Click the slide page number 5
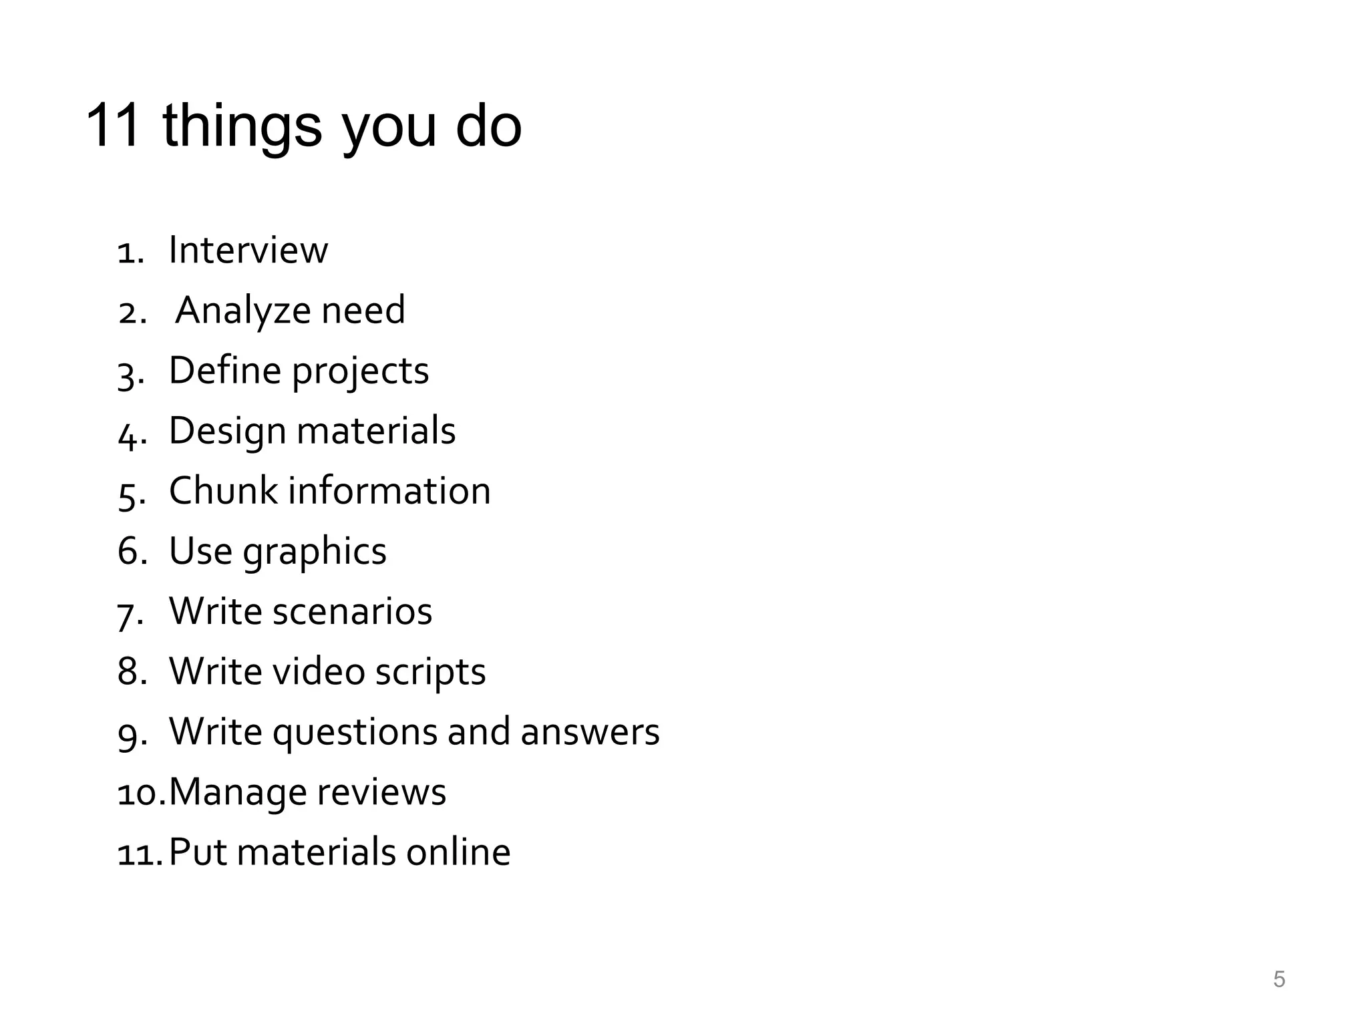point(1278,979)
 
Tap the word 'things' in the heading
point(242,127)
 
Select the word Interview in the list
point(248,250)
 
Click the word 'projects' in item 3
point(361,372)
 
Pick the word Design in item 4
point(227,432)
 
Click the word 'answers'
point(590,731)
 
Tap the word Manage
point(237,793)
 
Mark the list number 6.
point(132,552)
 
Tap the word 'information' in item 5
point(389,491)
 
